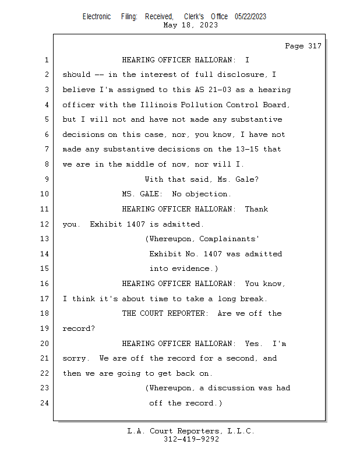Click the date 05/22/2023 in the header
250,17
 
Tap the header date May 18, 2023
191,25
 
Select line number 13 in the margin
45,239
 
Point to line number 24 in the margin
45,403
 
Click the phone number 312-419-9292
191,439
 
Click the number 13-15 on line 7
250,149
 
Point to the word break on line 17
253,299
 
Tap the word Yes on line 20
253,344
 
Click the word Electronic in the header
97,17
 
